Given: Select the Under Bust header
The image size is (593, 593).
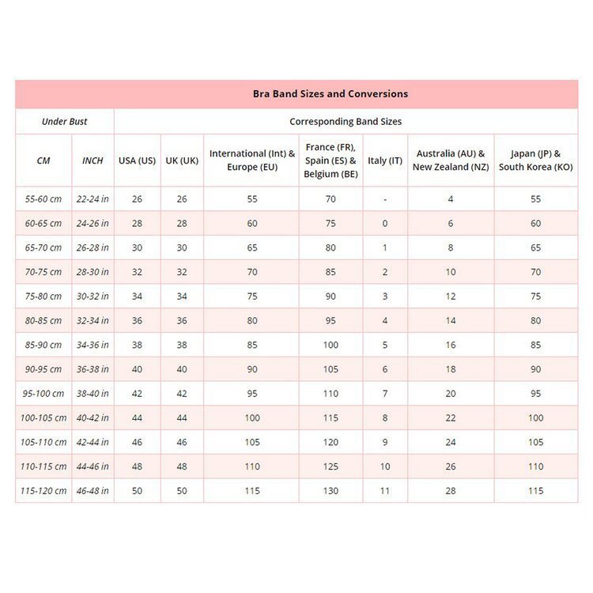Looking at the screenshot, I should [x=65, y=122].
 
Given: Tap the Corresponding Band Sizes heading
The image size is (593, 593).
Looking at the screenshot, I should [x=346, y=122].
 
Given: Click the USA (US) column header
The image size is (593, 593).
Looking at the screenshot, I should [x=137, y=161].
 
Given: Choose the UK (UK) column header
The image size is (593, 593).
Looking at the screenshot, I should [x=182, y=161].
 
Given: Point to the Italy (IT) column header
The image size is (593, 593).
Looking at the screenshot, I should [x=385, y=161].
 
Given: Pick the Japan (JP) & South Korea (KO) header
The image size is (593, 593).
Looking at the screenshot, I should [x=535, y=161].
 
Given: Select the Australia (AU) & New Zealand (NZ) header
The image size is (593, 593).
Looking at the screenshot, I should [x=451, y=161].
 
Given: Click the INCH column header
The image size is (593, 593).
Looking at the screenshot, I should [x=93, y=161].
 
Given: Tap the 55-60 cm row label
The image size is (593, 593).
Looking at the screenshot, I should [x=43, y=199].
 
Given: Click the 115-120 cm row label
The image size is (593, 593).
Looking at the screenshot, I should [x=43, y=491].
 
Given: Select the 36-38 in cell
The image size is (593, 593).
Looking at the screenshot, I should [x=93, y=369].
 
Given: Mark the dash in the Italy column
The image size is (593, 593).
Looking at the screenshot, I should [x=385, y=199].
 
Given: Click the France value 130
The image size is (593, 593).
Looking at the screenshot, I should [x=330, y=491].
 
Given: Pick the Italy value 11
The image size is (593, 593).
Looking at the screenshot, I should [x=385, y=491].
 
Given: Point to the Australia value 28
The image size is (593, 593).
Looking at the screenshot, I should [x=451, y=491].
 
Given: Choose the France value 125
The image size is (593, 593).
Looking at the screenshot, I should [x=330, y=466].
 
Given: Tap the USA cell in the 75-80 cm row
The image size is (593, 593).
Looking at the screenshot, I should [x=137, y=296].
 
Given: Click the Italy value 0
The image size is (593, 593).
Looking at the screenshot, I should [x=385, y=224].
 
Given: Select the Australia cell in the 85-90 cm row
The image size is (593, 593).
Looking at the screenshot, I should [x=451, y=345].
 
